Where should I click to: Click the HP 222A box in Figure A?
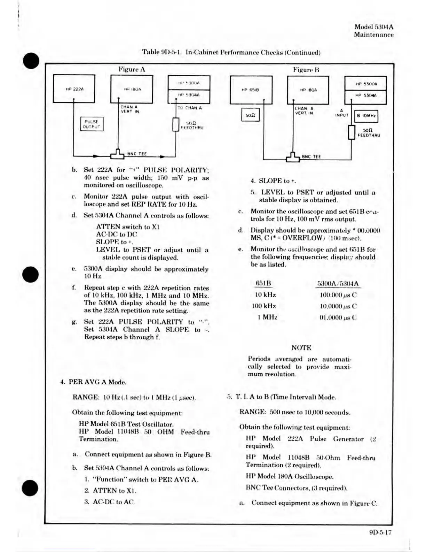(74, 89)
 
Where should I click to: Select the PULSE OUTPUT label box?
(92, 124)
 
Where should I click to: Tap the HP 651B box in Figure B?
(251, 90)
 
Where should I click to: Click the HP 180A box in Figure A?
(132, 89)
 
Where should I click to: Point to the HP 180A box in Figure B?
(308, 90)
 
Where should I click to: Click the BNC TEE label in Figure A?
(137, 154)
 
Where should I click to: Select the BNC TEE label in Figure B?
(311, 157)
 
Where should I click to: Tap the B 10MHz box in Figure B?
(366, 116)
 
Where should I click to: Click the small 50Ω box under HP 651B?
(250, 115)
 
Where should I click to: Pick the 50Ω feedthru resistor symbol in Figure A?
(176, 125)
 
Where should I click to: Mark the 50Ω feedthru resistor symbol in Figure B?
(352, 132)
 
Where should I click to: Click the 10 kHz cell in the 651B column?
(265, 295)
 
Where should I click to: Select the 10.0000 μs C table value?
(338, 306)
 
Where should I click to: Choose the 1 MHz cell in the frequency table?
(267, 317)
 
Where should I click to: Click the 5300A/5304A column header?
(338, 284)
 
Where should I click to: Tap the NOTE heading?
(301, 347)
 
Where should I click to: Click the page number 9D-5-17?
(380, 532)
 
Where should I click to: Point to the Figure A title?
(132, 69)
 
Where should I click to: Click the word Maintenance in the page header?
(374, 34)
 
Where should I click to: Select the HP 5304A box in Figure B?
(365, 95)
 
